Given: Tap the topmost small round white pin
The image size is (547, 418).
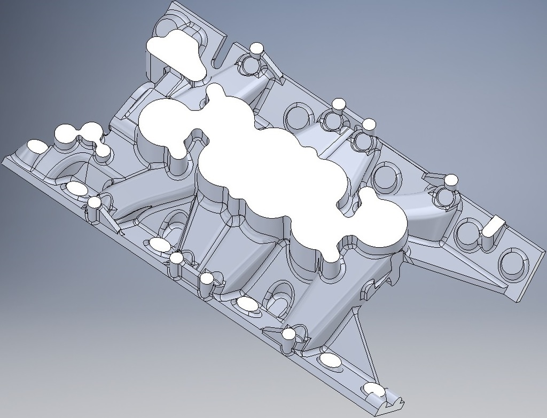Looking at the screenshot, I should [257, 48].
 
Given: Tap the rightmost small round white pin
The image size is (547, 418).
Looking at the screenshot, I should [451, 180].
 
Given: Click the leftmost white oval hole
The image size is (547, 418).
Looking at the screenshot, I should [37, 145].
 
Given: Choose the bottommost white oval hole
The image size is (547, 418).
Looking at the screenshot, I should [374, 389].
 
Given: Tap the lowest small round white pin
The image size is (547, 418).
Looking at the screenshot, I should [289, 334].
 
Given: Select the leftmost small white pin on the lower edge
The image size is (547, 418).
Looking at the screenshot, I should [95, 202].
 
